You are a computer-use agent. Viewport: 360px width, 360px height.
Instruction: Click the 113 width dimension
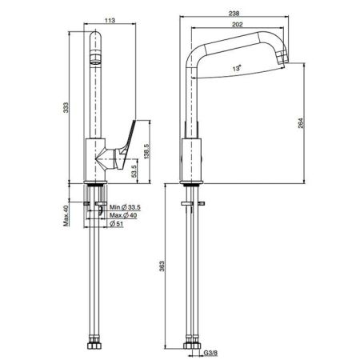pyautogui.click(x=110, y=20)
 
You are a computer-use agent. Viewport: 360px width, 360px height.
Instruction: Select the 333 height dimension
pyautogui.click(x=66, y=107)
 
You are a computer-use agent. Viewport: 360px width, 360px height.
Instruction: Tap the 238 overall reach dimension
pyautogui.click(x=234, y=13)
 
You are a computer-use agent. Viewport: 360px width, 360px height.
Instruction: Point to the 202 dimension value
pyautogui.click(x=238, y=24)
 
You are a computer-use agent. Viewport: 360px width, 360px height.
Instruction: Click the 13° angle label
pyautogui.click(x=237, y=68)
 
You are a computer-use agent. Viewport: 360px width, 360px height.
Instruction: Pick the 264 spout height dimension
pyautogui.click(x=301, y=123)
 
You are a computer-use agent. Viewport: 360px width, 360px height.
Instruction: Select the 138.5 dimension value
pyautogui.click(x=147, y=151)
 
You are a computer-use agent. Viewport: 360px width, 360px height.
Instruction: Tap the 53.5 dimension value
pyautogui.click(x=134, y=171)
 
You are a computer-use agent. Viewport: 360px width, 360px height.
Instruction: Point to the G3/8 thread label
pyautogui.click(x=210, y=353)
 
